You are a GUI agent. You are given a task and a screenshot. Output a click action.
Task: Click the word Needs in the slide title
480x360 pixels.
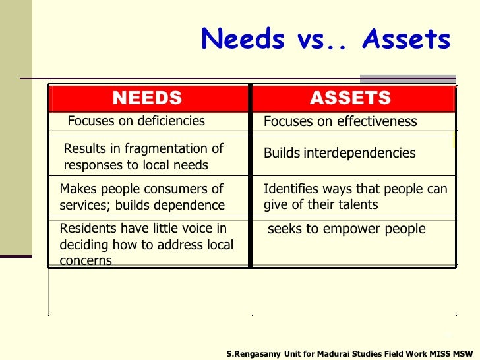tap(241, 40)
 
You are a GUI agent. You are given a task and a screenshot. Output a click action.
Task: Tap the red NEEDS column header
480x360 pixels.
tap(147, 98)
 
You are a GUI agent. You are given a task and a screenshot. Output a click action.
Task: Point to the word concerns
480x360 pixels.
tap(86, 261)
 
